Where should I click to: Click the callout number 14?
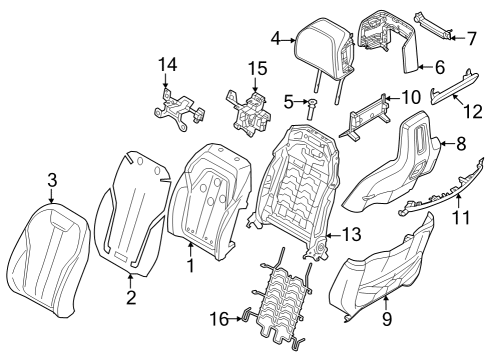point(166,66)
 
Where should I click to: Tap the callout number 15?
point(258,68)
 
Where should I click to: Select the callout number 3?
point(51,181)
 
